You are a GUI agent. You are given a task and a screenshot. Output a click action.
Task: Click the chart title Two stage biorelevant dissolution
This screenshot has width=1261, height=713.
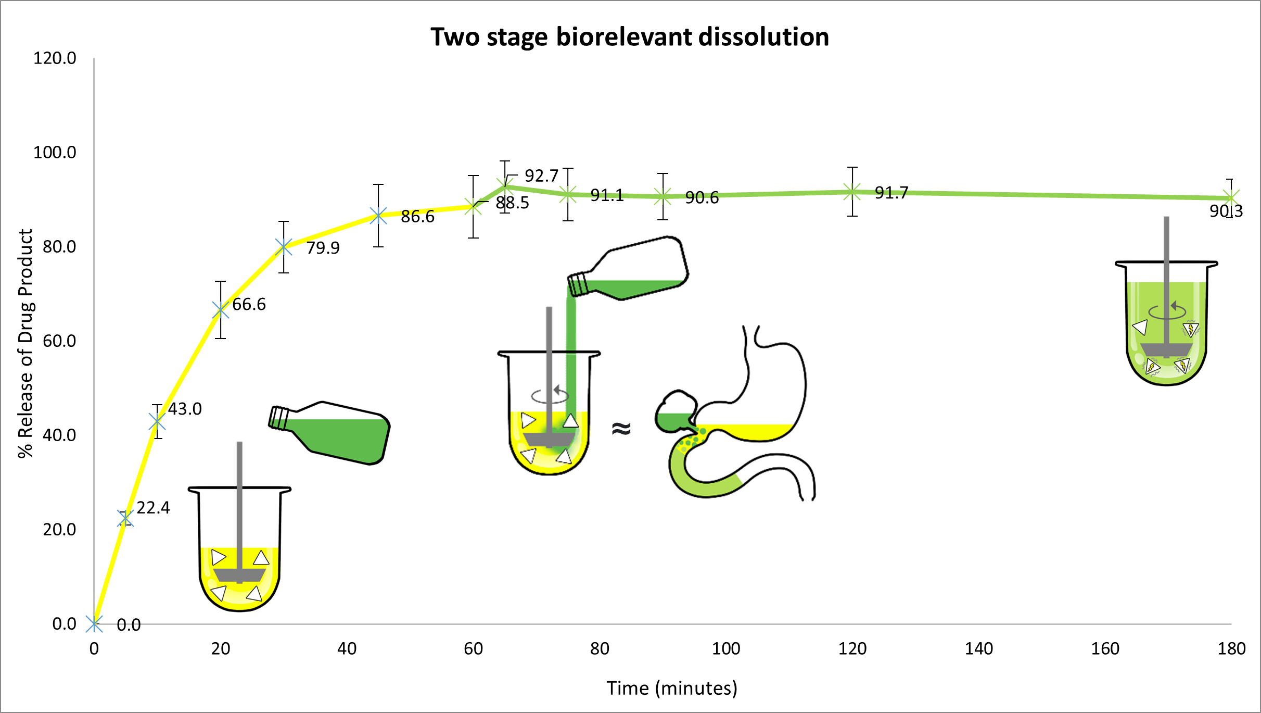tap(630, 37)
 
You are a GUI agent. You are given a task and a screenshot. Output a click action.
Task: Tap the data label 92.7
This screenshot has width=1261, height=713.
tap(541, 176)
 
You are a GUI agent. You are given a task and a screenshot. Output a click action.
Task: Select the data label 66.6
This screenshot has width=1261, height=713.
tap(249, 304)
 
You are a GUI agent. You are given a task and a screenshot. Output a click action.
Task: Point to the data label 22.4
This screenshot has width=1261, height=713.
tap(153, 508)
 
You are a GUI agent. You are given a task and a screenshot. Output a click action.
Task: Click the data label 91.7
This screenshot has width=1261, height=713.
tap(891, 193)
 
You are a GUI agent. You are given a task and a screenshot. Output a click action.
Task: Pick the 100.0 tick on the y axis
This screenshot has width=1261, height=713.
tap(55, 153)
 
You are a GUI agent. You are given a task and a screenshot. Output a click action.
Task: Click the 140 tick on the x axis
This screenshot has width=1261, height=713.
tap(979, 649)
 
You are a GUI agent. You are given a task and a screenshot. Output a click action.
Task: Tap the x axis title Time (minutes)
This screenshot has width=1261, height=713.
tap(672, 689)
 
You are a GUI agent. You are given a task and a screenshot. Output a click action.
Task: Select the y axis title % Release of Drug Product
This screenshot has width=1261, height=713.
tap(26, 344)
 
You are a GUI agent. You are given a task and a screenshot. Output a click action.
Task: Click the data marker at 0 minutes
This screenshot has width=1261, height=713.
tap(94, 623)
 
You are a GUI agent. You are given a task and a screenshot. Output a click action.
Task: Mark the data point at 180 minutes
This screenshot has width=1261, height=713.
tap(1230, 198)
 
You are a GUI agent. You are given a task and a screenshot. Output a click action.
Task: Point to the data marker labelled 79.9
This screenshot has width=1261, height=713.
tap(284, 247)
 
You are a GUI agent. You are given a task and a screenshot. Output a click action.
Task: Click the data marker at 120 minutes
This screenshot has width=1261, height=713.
tap(852, 192)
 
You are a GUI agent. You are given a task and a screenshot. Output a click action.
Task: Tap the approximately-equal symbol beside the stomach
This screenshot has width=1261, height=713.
tap(621, 428)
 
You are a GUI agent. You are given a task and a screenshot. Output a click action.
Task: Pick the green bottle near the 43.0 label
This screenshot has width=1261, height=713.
tap(329, 433)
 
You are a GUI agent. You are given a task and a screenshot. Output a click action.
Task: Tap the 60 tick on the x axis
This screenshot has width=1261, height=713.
tap(473, 649)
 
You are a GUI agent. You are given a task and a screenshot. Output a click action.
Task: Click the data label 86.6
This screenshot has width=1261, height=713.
tap(417, 217)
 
